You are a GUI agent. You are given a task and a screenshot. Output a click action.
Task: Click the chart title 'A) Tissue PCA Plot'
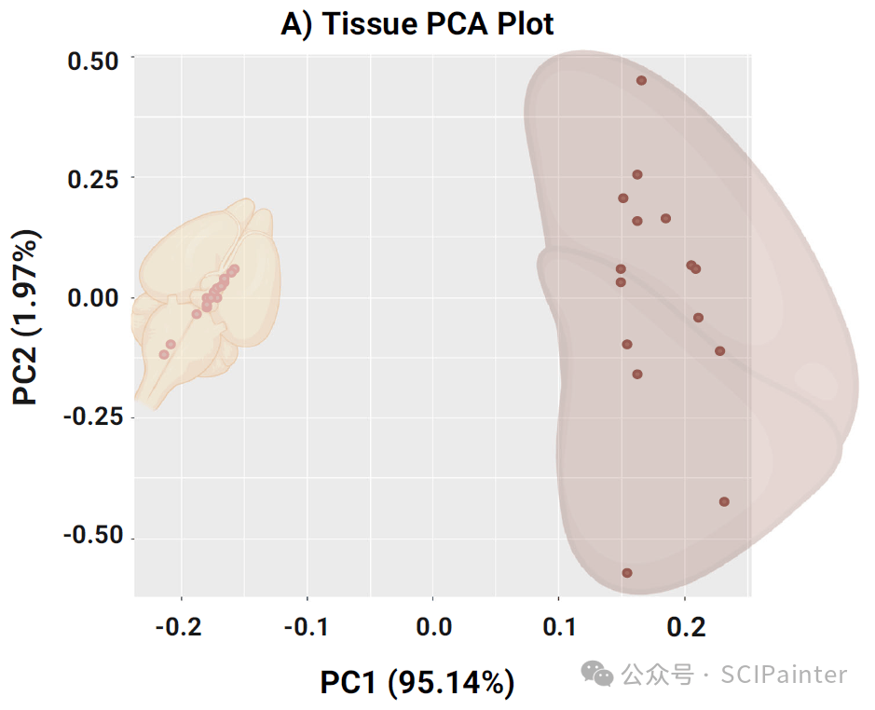coord(417,24)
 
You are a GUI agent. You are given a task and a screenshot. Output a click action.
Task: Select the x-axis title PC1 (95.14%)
coord(417,682)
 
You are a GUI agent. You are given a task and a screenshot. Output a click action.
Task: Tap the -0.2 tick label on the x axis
coord(178,626)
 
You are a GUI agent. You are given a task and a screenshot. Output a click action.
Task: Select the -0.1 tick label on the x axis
coord(305,626)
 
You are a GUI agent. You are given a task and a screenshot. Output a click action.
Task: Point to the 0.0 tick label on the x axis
coord(433,626)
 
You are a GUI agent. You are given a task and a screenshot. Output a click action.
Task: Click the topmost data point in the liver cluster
coord(641,80)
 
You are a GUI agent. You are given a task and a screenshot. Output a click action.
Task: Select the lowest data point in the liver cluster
coord(627,573)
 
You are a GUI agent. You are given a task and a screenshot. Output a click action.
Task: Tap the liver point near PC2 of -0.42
coord(724,501)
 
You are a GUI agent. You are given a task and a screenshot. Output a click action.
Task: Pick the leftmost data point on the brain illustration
coord(164,354)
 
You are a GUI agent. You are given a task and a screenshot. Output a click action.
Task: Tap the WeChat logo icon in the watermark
coord(597,673)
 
